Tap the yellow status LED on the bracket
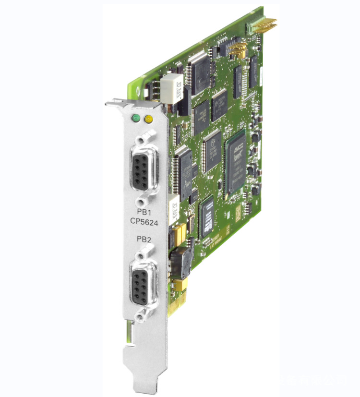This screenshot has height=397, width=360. pos(148,118)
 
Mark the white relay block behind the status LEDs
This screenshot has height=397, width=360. pos(171,88)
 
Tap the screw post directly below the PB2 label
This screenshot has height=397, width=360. pos(144,250)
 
